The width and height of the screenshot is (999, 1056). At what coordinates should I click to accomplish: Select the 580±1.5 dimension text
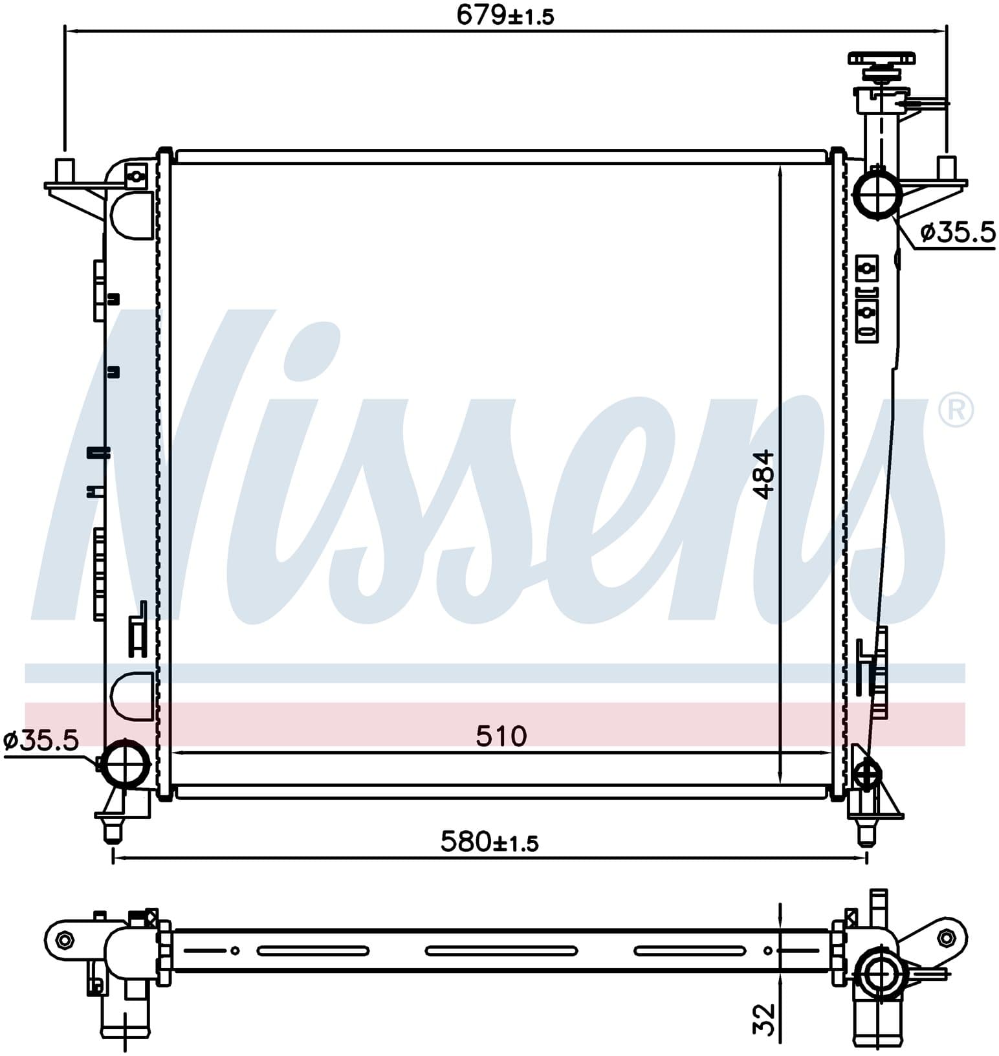[x=489, y=842]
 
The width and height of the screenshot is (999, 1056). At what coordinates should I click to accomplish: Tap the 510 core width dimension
[x=501, y=736]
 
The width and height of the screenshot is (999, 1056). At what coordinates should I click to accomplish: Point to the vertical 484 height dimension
[x=765, y=475]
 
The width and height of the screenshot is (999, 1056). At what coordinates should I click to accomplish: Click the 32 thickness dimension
[x=765, y=1019]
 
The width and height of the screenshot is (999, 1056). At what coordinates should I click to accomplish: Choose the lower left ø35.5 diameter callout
[x=40, y=740]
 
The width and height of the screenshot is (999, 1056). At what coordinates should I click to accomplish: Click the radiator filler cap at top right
[x=881, y=65]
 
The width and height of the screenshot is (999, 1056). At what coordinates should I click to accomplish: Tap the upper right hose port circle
[x=877, y=193]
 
